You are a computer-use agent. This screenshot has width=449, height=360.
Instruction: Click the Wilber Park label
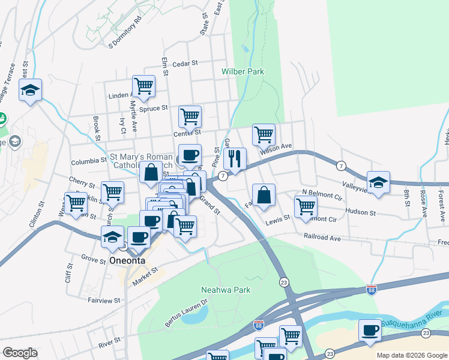point(243,71)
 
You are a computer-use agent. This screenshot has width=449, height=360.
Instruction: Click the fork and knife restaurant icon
point(235,159)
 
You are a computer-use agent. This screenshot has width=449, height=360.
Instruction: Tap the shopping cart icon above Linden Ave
point(143,86)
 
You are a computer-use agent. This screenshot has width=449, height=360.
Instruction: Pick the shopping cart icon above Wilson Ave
point(264,134)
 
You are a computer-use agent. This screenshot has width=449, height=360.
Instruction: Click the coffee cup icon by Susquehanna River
point(370,330)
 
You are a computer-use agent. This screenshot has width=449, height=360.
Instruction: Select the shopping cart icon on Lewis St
point(306,206)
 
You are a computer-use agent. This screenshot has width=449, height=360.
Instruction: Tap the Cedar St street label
point(185,64)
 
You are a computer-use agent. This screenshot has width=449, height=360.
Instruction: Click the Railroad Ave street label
point(322,238)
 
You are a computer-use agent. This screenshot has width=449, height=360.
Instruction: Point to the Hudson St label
point(361,212)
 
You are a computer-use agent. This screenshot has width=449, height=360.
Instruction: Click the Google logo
point(20,353)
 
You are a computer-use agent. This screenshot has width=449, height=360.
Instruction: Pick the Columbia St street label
point(88,161)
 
